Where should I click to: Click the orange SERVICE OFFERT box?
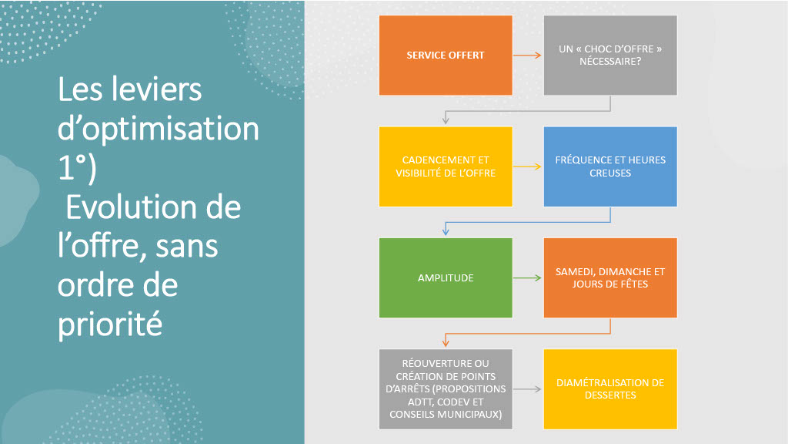[446, 55]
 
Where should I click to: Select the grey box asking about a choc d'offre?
[610, 55]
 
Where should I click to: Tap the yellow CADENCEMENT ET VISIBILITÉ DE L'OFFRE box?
[446, 166]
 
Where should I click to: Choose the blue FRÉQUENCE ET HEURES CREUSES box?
[610, 166]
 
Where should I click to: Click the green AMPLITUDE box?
[446, 277]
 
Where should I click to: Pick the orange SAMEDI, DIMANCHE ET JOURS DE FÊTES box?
[610, 277]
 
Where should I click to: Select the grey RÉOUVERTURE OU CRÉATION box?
[446, 388]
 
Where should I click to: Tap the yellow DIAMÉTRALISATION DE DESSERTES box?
[610, 388]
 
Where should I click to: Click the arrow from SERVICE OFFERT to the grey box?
[528, 55]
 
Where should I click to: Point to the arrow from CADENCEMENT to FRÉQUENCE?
[528, 166]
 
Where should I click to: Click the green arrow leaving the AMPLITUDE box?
[528, 277]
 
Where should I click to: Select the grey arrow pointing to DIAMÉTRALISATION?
[528, 389]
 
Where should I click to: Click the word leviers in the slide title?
[157, 90]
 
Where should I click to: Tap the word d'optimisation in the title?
[159, 129]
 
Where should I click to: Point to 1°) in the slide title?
[77, 169]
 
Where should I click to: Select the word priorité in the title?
[110, 324]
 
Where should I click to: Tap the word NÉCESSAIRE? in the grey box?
[610, 62]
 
